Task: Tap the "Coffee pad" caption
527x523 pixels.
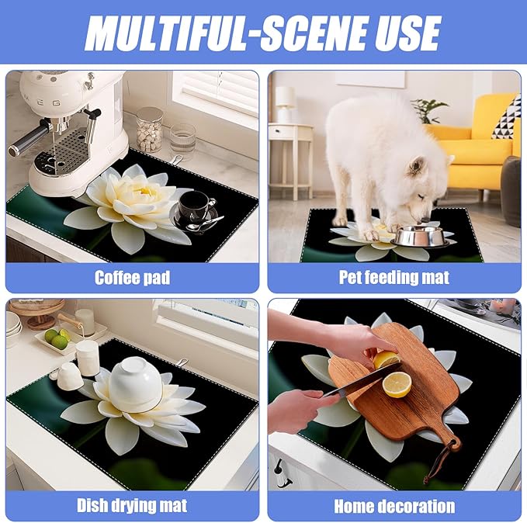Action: pyautogui.click(x=132, y=277)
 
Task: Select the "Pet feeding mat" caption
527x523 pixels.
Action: pyautogui.click(x=394, y=277)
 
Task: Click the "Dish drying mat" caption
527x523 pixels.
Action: pyautogui.click(x=132, y=506)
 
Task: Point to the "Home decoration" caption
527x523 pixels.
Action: pyautogui.click(x=394, y=506)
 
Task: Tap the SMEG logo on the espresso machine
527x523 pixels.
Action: pyautogui.click(x=36, y=80)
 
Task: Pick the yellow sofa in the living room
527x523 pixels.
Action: pyautogui.click(x=477, y=151)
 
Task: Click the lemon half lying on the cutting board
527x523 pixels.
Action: pyautogui.click(x=397, y=384)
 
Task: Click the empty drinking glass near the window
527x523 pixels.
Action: pyautogui.click(x=183, y=140)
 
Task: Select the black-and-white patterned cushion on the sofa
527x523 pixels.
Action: pyautogui.click(x=506, y=116)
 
